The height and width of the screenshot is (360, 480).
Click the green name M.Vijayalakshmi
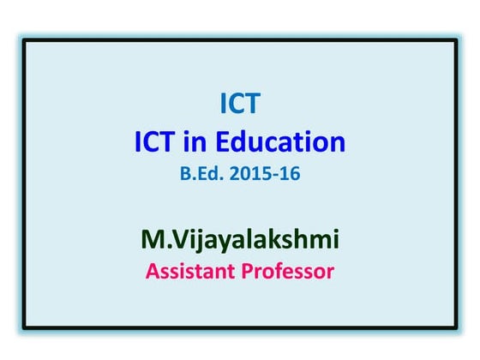coord(240,239)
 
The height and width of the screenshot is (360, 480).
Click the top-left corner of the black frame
coord(23,39)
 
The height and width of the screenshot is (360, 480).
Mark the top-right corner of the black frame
coord(457,39)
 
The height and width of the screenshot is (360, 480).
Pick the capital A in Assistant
coord(153,273)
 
